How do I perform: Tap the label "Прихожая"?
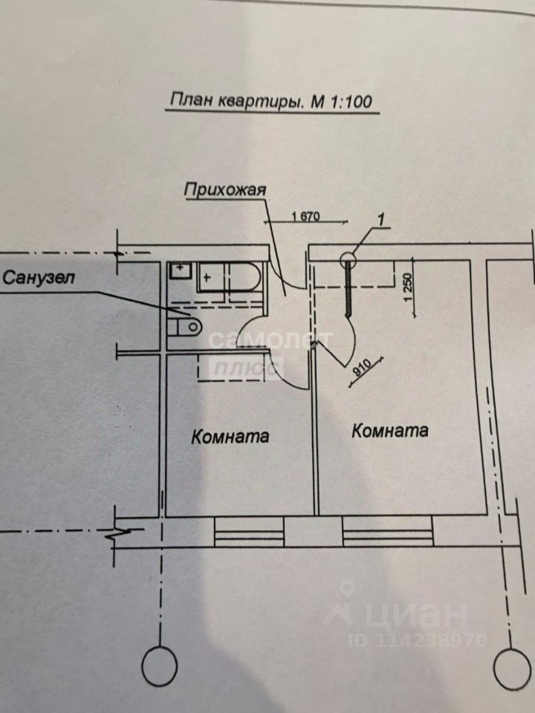(x=225, y=190)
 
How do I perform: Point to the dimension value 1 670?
(x=305, y=217)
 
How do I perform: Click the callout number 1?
(x=380, y=219)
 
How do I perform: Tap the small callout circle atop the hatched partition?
(x=349, y=260)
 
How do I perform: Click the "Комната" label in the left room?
(x=230, y=436)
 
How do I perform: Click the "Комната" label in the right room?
(x=391, y=430)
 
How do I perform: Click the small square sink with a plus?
(x=179, y=271)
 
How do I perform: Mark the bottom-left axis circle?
(x=159, y=665)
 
